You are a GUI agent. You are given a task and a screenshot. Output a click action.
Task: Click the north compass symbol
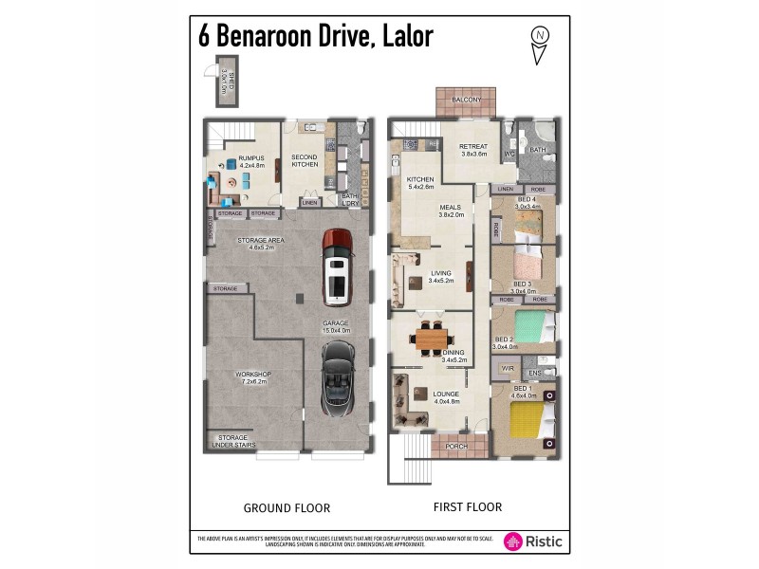tap(540, 44)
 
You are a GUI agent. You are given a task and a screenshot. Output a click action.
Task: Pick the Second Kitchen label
tap(305, 160)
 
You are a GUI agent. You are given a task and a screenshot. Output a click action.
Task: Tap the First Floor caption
tap(468, 507)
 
